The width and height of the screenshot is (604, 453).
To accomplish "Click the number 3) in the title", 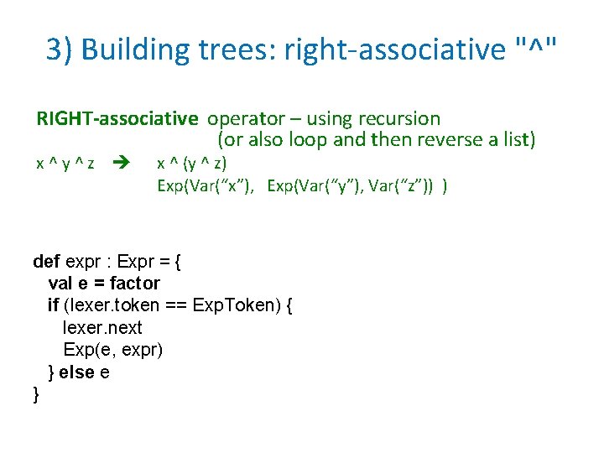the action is (x=60, y=50).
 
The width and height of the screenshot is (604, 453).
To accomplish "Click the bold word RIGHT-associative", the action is (x=117, y=118).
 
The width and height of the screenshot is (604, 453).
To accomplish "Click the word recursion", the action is (x=398, y=118).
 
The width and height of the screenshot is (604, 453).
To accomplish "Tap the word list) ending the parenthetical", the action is (x=513, y=139).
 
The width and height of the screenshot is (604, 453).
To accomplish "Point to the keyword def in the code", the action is (x=46, y=261).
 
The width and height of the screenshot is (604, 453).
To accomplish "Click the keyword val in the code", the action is (x=60, y=283).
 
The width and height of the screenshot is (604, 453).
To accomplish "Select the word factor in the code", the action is (x=134, y=283).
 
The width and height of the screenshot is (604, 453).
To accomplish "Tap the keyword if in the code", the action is (x=53, y=305).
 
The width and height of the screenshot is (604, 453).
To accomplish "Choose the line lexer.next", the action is (x=102, y=327).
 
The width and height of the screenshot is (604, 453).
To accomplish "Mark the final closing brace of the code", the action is (x=35, y=394).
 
